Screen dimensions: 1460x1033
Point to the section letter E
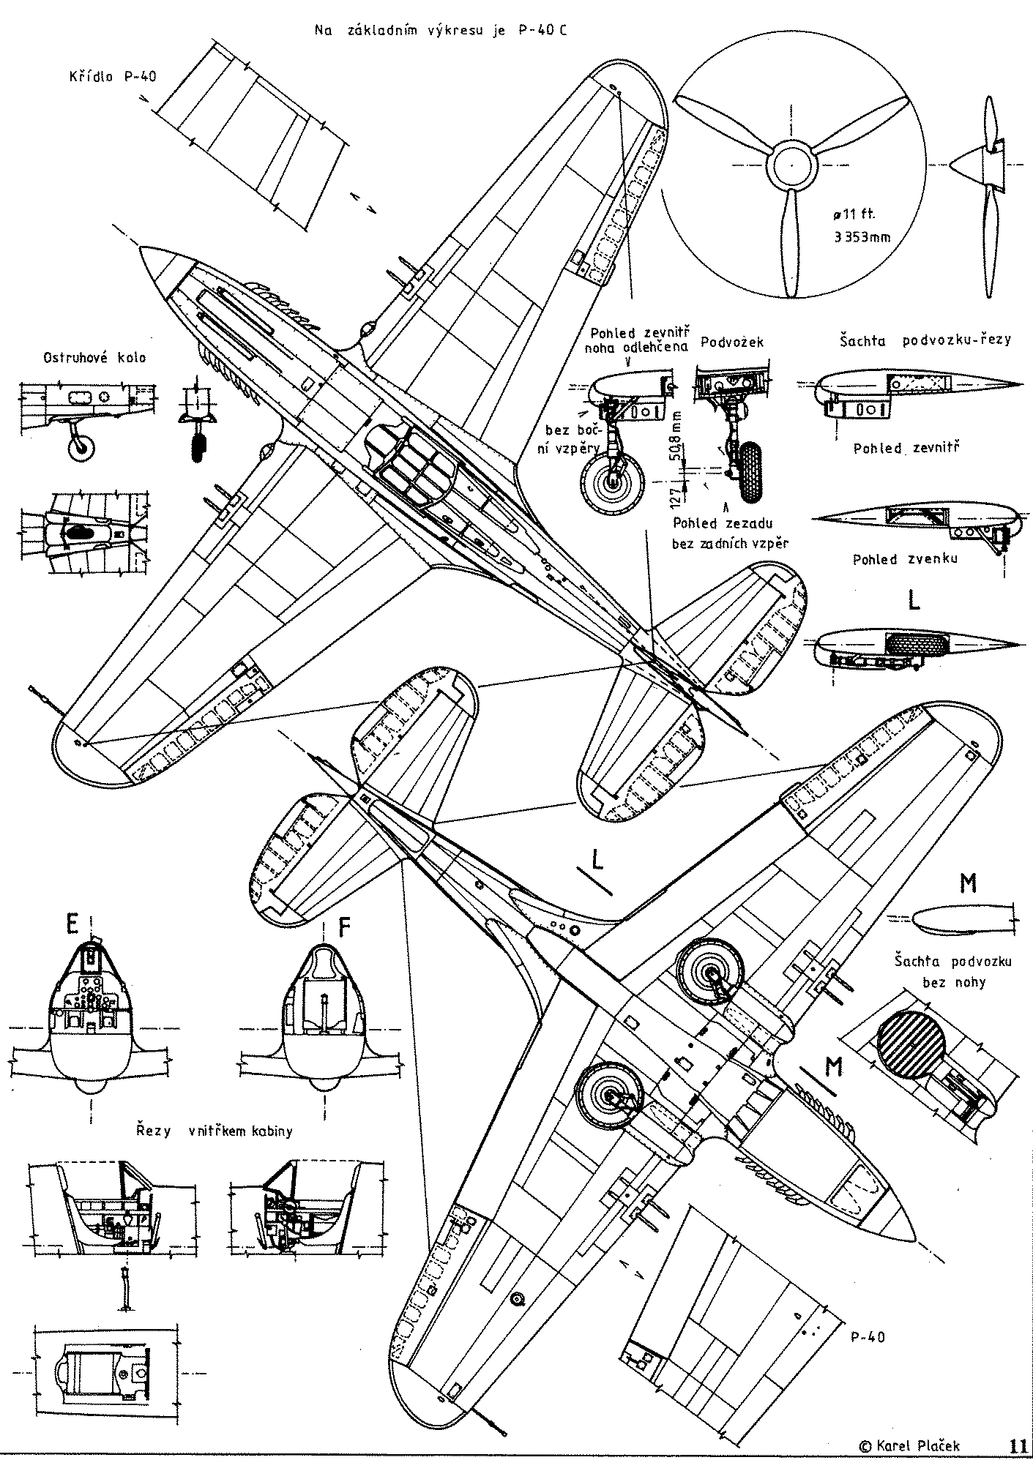click(72, 926)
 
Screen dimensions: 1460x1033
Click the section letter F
click(345, 926)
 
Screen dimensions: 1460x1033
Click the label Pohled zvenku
click(905, 559)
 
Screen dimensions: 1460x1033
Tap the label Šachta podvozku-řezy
click(925, 340)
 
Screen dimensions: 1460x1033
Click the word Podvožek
click(731, 342)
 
